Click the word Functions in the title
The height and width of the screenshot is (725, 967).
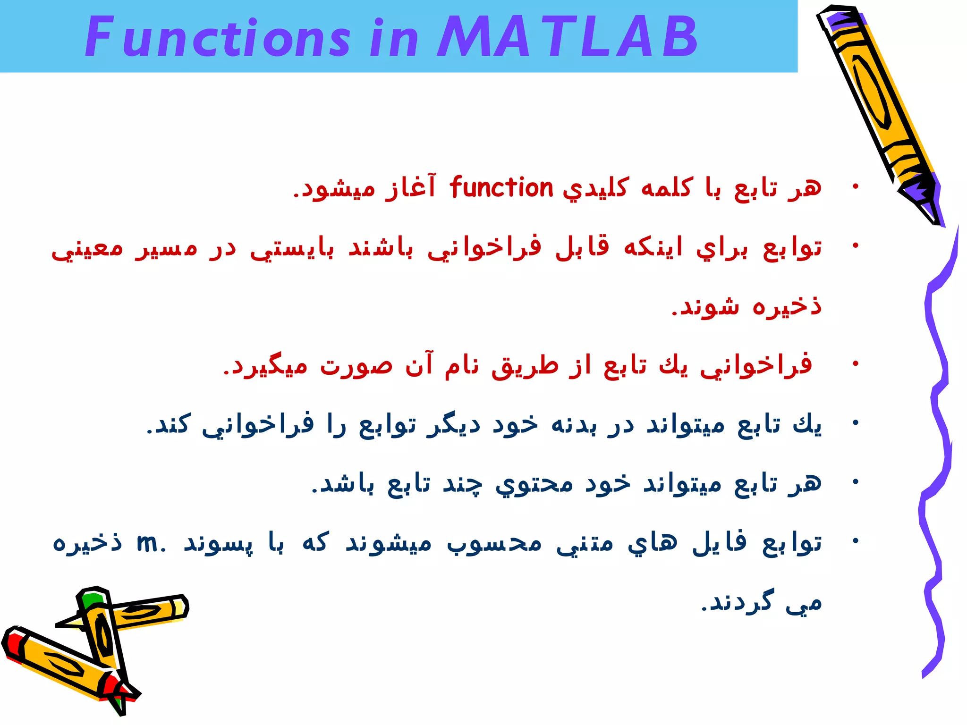[x=217, y=37]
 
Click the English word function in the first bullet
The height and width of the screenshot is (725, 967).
[x=501, y=188]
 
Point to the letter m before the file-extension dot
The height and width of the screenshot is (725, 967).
[x=147, y=543]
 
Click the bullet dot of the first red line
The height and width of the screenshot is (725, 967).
[x=855, y=187]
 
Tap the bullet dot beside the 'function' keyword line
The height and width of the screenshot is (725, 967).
[x=855, y=187]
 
